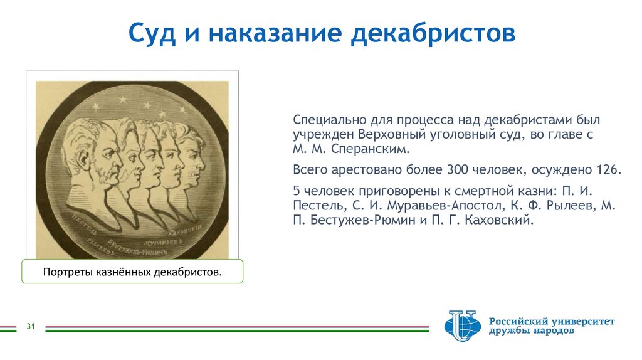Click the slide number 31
[30, 326]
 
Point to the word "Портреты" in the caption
[67, 273]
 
